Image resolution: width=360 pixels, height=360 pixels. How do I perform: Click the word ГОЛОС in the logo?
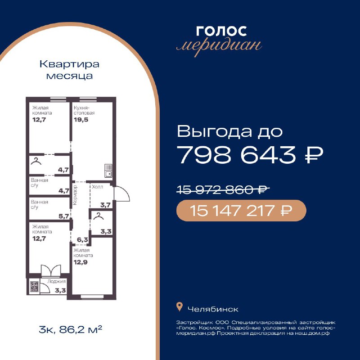point(221,31)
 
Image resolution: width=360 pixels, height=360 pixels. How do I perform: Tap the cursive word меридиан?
point(219,46)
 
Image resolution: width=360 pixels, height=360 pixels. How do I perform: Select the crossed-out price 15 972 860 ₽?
point(223,190)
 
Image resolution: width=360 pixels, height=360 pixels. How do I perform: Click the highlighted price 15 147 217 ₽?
point(241,211)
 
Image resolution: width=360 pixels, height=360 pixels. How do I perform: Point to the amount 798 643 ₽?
point(250,155)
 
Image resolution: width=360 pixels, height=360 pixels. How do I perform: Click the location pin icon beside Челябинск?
point(180,307)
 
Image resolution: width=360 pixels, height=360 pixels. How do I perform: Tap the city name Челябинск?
point(213,309)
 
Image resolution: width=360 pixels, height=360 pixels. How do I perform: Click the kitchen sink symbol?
point(108,171)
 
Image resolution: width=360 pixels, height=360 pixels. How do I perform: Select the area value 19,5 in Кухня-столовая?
point(81,120)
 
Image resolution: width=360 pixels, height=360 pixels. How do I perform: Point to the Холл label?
point(97,187)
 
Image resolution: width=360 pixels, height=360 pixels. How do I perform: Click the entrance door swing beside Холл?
point(122,193)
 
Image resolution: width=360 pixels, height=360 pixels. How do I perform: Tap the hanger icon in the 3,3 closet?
point(99,216)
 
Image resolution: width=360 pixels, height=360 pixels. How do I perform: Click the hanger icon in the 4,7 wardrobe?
point(36,161)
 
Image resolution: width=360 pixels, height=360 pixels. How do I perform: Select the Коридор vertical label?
point(75,195)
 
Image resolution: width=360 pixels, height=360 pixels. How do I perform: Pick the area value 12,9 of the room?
point(81,262)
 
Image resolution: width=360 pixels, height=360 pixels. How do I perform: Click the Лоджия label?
point(57,282)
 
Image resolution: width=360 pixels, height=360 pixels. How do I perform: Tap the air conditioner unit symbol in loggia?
point(34,286)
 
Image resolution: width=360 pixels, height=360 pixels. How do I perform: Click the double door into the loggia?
point(51,270)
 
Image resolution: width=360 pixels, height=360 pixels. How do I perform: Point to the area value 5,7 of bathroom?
point(64,216)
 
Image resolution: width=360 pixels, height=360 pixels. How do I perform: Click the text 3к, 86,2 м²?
point(71,329)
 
